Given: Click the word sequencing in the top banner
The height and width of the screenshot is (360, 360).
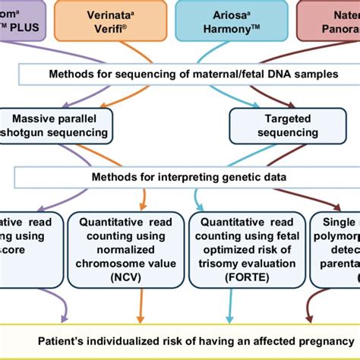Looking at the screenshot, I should point(125,74).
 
